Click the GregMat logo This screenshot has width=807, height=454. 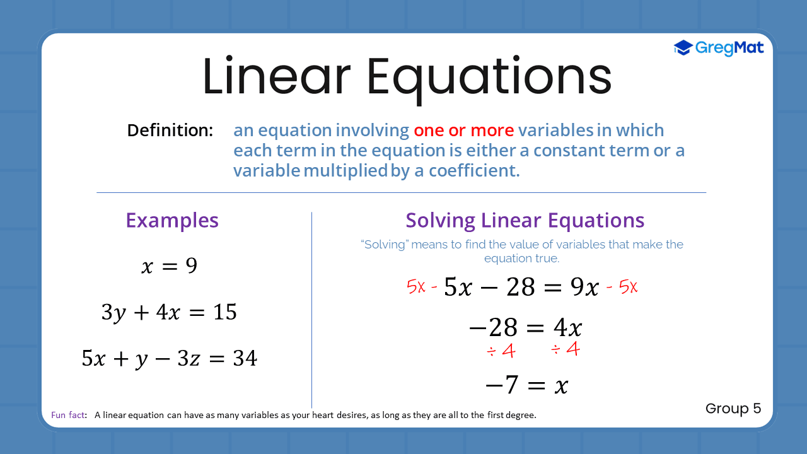(719, 48)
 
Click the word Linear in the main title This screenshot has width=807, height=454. (276, 77)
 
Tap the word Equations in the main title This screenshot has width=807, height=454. (489, 77)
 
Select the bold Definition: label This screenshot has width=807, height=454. (170, 131)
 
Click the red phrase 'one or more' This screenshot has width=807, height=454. (463, 131)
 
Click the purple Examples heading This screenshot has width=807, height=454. (172, 220)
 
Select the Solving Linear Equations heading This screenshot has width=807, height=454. (525, 220)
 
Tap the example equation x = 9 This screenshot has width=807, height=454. (169, 266)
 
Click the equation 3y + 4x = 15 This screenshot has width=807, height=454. (169, 312)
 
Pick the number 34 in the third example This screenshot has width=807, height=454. (245, 359)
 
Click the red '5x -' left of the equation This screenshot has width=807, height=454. (422, 288)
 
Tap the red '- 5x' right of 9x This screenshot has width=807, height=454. (622, 288)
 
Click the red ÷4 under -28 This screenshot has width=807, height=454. (501, 351)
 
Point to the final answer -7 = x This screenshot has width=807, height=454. (526, 385)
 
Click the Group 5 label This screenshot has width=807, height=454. (733, 409)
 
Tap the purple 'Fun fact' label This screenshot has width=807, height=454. (69, 415)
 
